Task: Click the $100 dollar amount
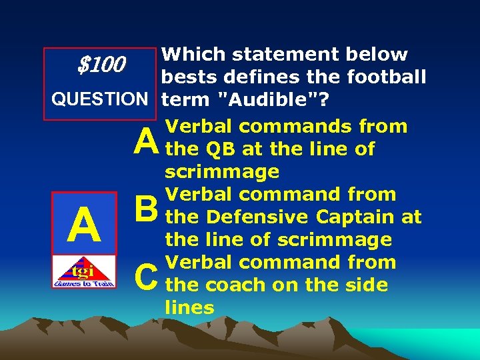click(x=101, y=65)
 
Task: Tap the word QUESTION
click(x=101, y=100)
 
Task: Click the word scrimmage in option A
click(x=222, y=171)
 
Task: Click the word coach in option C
click(x=233, y=285)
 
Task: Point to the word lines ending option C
click(x=189, y=307)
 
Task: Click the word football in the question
click(x=386, y=77)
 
